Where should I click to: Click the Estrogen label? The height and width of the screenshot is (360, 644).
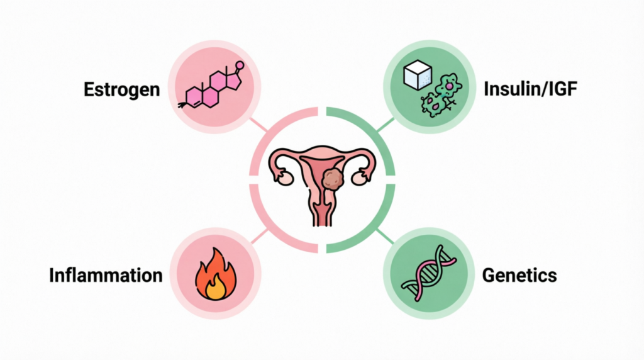pyautogui.click(x=121, y=89)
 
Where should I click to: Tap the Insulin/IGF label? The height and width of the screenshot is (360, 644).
pyautogui.click(x=531, y=89)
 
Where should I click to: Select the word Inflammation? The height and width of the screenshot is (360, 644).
pyautogui.click(x=106, y=275)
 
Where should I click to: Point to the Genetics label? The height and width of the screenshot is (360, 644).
pyautogui.click(x=519, y=275)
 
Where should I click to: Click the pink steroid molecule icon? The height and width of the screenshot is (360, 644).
pyautogui.click(x=211, y=86)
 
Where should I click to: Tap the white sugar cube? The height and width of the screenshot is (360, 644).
pyautogui.click(x=418, y=75)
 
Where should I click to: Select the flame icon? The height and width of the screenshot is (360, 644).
pyautogui.click(x=216, y=274)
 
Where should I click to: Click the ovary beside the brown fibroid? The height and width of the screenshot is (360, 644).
pyautogui.click(x=359, y=178)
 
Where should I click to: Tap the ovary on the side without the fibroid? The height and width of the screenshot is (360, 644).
pyautogui.click(x=284, y=178)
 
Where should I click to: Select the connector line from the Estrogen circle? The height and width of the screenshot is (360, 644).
pyautogui.click(x=258, y=125)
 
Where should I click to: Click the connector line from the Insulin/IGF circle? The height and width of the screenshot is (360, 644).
pyautogui.click(x=386, y=125)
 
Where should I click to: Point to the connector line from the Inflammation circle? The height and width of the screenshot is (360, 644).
pyautogui.click(x=259, y=237)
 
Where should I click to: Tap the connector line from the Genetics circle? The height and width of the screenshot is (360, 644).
pyautogui.click(x=385, y=236)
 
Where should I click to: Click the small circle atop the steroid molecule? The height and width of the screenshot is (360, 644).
pyautogui.click(x=240, y=65)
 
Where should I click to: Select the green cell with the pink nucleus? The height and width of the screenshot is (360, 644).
pyautogui.click(x=448, y=86)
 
